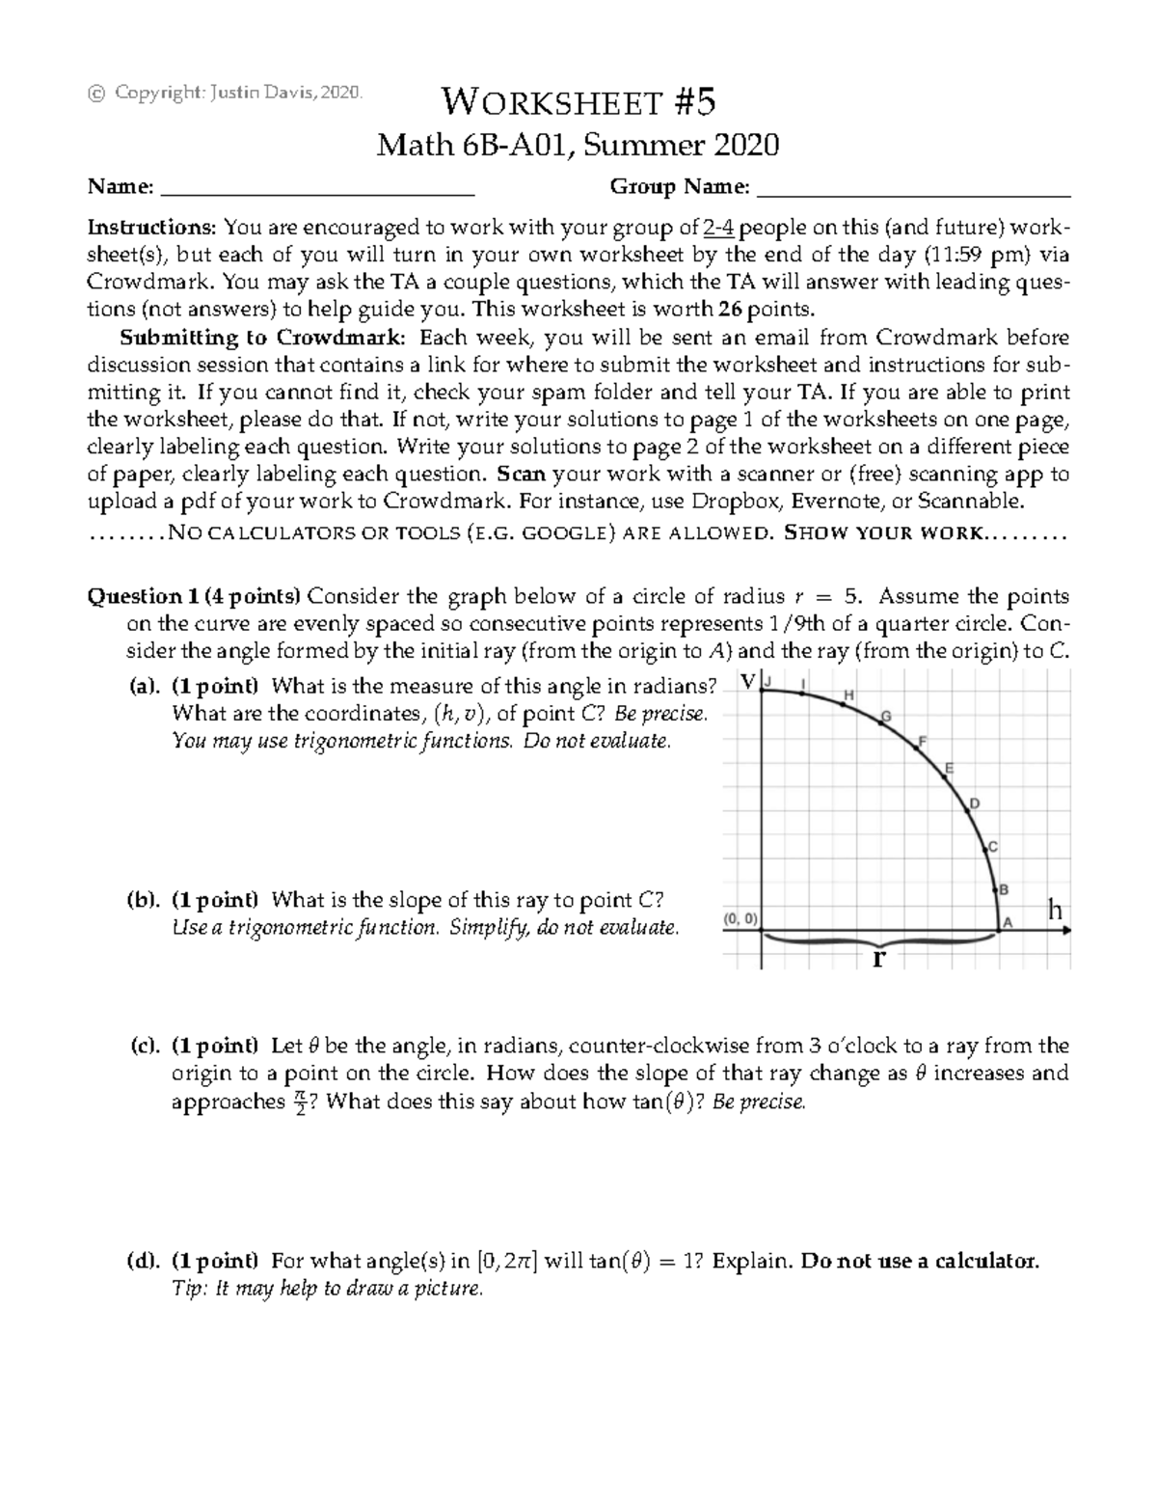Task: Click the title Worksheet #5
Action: [578, 101]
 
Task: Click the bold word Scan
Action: [523, 475]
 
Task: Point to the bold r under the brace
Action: [877, 959]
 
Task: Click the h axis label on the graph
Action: [1056, 910]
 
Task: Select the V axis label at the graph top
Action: [748, 682]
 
